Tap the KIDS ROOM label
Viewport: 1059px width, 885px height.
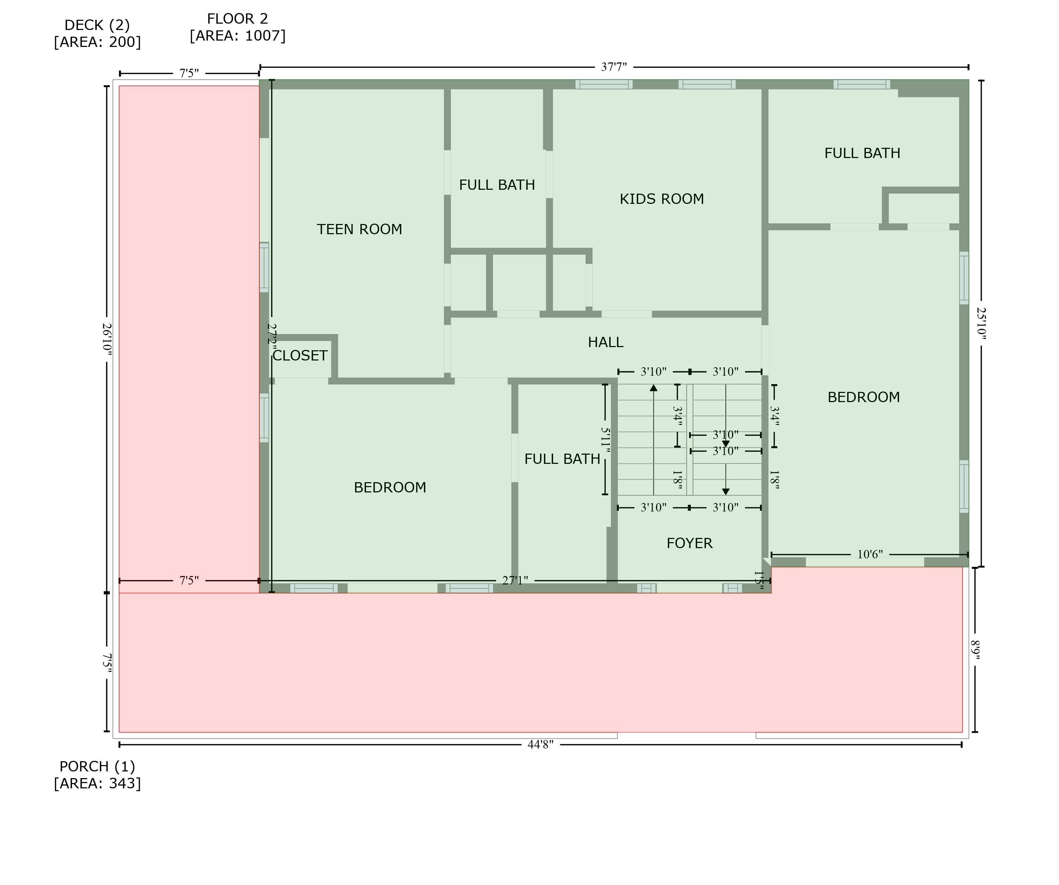(x=661, y=199)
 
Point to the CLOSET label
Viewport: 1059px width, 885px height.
(x=300, y=356)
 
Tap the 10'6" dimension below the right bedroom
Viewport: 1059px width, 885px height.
(x=869, y=555)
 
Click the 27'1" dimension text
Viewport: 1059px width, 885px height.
(x=515, y=581)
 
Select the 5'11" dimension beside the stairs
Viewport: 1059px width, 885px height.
(x=605, y=440)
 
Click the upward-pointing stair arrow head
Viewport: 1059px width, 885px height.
(x=653, y=388)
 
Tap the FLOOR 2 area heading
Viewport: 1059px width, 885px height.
(x=238, y=27)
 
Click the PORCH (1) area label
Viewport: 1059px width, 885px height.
(x=97, y=775)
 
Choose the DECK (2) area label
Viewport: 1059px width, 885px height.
(x=97, y=33)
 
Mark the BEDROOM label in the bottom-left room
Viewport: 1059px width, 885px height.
(x=390, y=487)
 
